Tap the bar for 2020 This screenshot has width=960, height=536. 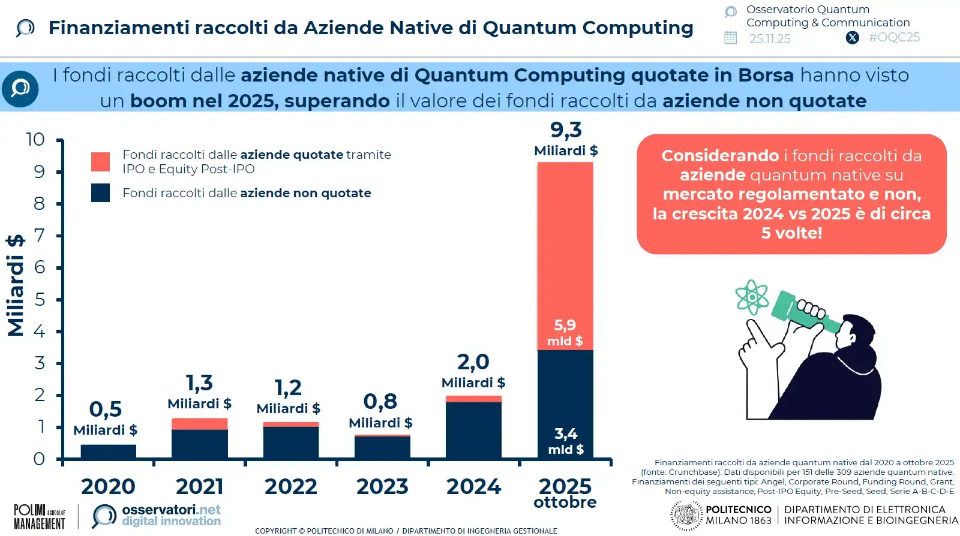point(108,452)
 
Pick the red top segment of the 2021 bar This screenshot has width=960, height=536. point(199,424)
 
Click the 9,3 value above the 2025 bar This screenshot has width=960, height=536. point(566,130)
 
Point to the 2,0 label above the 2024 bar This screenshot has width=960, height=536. point(473,362)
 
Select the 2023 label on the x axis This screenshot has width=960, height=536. point(382,486)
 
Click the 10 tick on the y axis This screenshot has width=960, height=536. point(35,140)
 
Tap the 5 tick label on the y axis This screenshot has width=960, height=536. point(40,299)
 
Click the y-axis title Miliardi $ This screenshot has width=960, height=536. point(16,285)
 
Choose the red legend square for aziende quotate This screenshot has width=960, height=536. point(100,162)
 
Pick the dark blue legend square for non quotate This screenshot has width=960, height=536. point(100,192)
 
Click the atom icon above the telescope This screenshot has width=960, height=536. point(752,297)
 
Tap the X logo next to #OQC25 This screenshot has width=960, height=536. point(852,38)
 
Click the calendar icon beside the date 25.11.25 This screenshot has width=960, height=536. point(730,38)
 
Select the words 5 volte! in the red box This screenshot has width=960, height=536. point(791,233)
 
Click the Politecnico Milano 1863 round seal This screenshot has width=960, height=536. point(686,516)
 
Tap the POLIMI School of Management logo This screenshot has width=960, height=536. point(39,516)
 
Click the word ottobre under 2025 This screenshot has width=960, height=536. point(565,502)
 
